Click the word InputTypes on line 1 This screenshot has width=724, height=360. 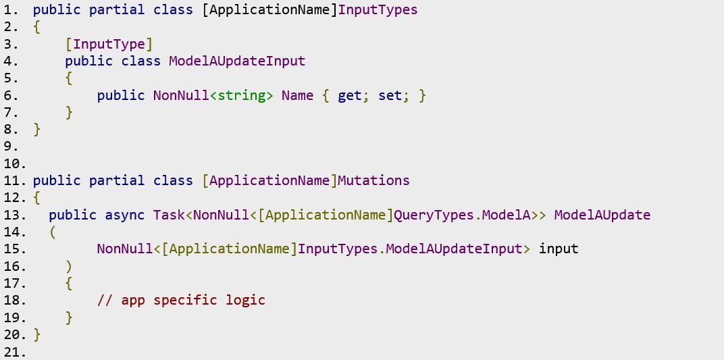(x=378, y=9)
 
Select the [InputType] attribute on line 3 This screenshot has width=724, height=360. (x=109, y=45)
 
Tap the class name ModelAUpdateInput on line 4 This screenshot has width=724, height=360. (x=237, y=61)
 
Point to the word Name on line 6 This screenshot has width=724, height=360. (x=297, y=95)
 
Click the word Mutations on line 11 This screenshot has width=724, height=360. (x=373, y=180)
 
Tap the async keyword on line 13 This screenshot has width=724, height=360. (x=125, y=215)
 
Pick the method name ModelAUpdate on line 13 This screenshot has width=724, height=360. (x=602, y=215)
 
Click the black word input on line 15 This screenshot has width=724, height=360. (x=559, y=250)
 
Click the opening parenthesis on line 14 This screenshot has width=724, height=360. (x=53, y=232)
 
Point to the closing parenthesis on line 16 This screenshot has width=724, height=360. (x=69, y=267)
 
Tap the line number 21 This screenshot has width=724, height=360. (x=14, y=352)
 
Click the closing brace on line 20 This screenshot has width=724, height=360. (x=37, y=335)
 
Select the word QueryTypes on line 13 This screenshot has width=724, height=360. (x=434, y=215)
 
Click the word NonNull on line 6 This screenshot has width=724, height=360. (x=181, y=95)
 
